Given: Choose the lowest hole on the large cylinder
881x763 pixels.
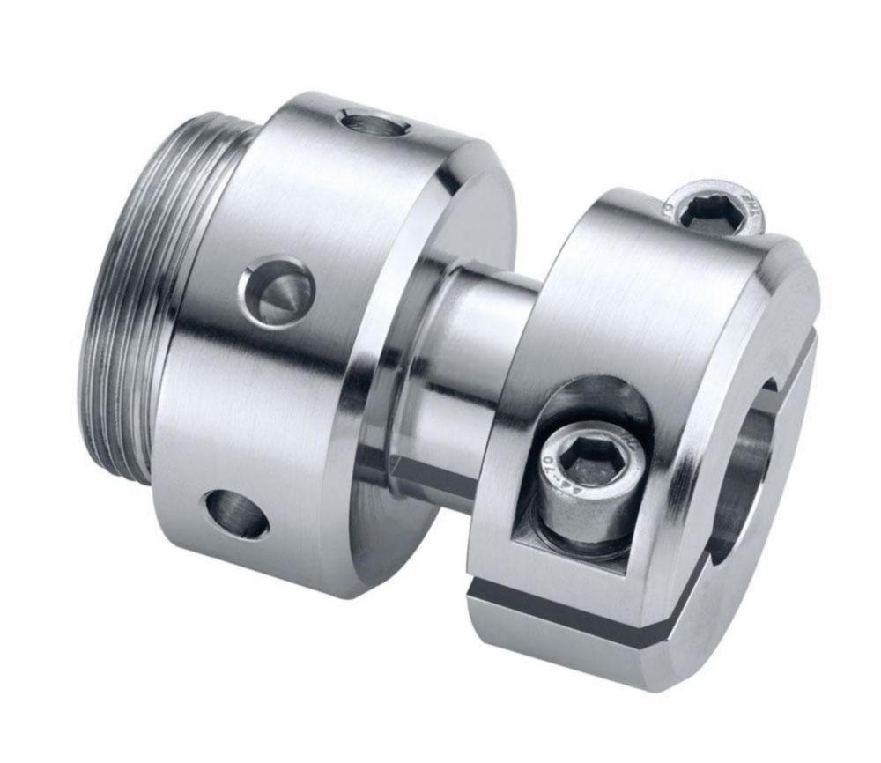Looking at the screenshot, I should coord(236,513).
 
